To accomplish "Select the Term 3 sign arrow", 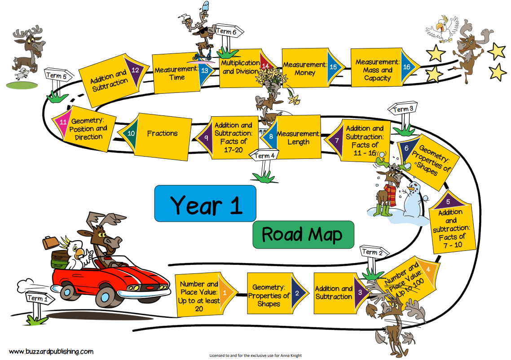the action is [402, 109].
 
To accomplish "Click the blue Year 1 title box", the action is [205, 204].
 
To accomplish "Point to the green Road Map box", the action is [303, 235].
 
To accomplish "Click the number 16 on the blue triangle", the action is [406, 67].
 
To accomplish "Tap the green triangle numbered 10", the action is [129, 133].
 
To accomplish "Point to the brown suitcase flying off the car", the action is [51, 243].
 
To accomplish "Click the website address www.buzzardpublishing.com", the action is [51, 351].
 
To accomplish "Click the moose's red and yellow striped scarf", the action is [391, 194].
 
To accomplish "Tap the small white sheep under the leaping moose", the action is [22, 74].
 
